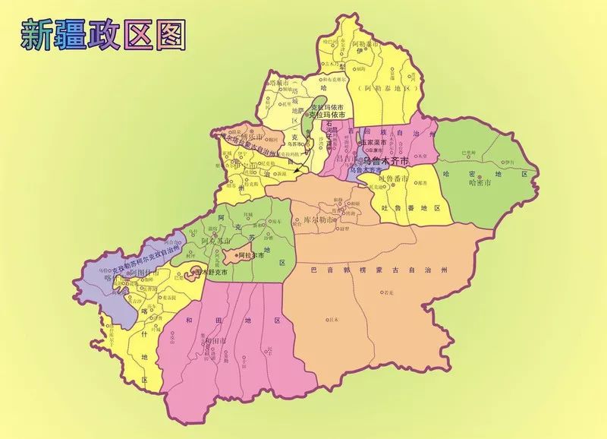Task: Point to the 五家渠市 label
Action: (x=373, y=141)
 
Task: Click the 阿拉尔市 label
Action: (x=251, y=256)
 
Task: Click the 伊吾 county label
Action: (x=508, y=162)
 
